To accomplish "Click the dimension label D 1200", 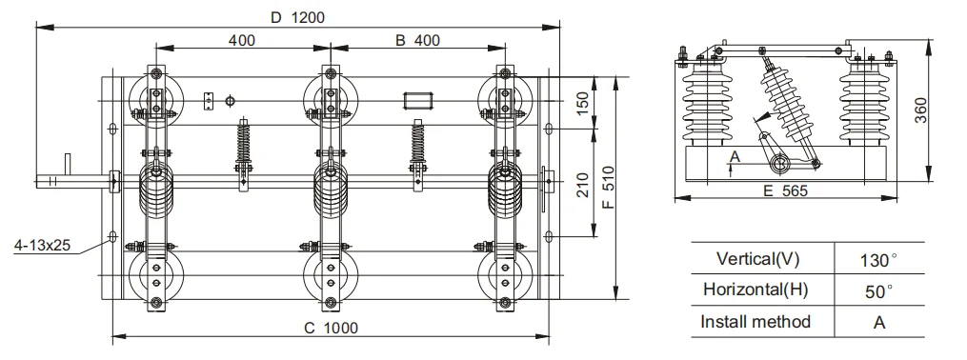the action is click(x=298, y=16).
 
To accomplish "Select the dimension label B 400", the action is click(x=417, y=41).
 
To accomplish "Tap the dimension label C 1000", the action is click(x=331, y=328).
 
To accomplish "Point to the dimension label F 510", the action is click(x=608, y=187).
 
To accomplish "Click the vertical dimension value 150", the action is click(x=582, y=103).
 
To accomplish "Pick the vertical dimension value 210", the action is click(x=582, y=185).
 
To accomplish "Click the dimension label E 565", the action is click(x=785, y=190).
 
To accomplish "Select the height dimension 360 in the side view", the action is click(x=920, y=110).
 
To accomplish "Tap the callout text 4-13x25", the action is click(x=42, y=246).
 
